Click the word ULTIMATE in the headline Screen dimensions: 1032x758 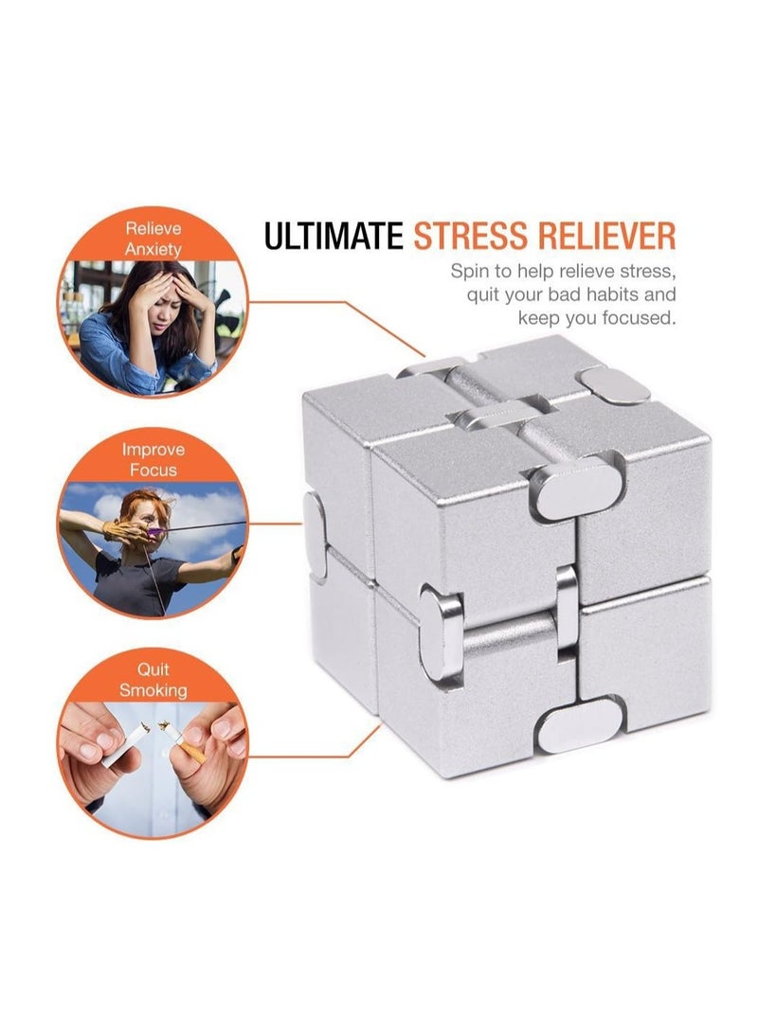[x=334, y=236]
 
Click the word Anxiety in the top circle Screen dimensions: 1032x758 [x=153, y=248]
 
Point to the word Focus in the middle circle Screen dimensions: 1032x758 [x=153, y=470]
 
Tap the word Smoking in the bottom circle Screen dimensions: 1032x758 [x=153, y=690]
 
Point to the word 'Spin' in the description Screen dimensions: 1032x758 [x=471, y=271]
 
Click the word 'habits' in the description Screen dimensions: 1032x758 [x=604, y=294]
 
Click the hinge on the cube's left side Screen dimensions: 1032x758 [x=316, y=522]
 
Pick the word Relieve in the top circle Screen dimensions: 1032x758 [x=153, y=228]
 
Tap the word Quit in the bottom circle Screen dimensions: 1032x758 [x=153, y=669]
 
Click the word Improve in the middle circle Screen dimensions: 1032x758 [x=153, y=449]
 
